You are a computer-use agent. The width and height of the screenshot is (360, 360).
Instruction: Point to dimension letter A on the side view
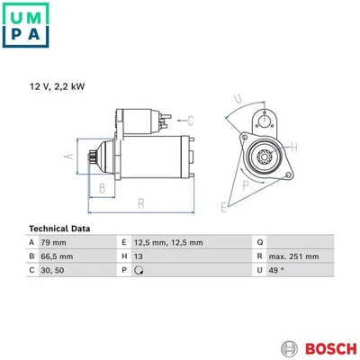pyautogui.click(x=67, y=157)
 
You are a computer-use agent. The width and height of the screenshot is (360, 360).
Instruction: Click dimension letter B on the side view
pyautogui.click(x=103, y=188)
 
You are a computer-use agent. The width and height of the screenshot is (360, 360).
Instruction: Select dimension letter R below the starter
pyautogui.click(x=140, y=203)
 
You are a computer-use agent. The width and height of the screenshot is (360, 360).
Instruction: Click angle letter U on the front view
pyautogui.click(x=238, y=99)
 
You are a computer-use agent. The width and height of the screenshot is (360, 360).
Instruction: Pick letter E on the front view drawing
pyautogui.click(x=224, y=207)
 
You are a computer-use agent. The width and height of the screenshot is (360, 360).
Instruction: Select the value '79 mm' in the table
pyautogui.click(x=55, y=242)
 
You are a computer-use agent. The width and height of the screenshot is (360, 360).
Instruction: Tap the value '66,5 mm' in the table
pyautogui.click(x=58, y=256)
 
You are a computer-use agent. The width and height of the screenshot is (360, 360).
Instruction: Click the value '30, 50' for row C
pyautogui.click(x=52, y=269)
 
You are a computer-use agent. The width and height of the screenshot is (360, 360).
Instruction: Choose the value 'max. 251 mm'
pyautogui.click(x=296, y=256)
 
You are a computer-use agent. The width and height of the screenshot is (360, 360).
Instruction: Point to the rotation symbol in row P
pyautogui.click(x=138, y=269)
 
